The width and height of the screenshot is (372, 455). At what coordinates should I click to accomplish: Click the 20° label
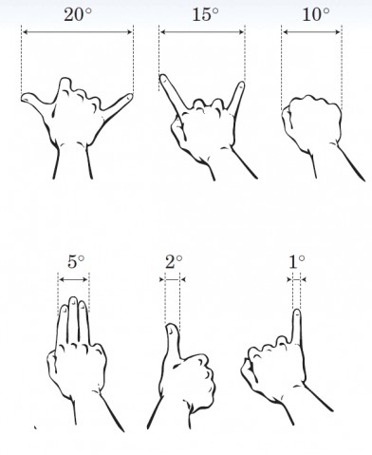[78, 14]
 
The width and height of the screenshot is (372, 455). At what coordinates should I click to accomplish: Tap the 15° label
[205, 14]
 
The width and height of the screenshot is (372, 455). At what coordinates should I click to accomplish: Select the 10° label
[316, 14]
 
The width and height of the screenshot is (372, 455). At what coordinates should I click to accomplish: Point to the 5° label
[76, 262]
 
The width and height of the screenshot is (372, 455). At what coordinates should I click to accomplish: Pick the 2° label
[174, 262]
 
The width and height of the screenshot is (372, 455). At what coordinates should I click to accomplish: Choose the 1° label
[297, 262]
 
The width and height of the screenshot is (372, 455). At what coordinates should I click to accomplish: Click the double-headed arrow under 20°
[78, 31]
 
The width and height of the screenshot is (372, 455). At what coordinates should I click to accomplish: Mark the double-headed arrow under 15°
[202, 31]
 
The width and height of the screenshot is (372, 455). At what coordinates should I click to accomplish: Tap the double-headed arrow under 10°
[311, 31]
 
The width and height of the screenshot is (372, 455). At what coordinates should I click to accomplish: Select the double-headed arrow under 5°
[74, 279]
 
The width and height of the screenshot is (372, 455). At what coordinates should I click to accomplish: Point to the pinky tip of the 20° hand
[129, 97]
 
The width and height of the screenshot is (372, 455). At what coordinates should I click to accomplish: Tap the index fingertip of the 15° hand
[163, 78]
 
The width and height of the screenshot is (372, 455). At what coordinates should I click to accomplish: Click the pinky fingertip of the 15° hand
[241, 85]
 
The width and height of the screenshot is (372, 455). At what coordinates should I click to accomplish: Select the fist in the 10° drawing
[311, 122]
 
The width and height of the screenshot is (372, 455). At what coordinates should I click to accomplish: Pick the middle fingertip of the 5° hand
[73, 299]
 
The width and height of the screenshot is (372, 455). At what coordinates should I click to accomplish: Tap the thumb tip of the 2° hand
[172, 328]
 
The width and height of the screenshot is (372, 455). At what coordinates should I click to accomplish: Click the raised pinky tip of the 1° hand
[297, 313]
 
